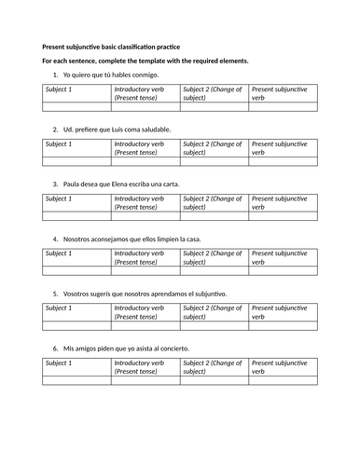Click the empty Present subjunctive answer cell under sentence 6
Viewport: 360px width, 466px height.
(x=283, y=381)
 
